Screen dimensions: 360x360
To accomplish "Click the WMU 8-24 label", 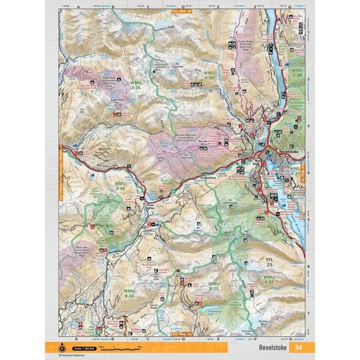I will pyautogui.click(x=129, y=294).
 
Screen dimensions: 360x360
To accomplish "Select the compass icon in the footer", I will pyautogui.click(x=61, y=347).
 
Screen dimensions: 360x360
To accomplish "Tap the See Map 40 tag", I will pyautogui.click(x=179, y=10).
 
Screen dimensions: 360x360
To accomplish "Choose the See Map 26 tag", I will pyautogui.click(x=179, y=334).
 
